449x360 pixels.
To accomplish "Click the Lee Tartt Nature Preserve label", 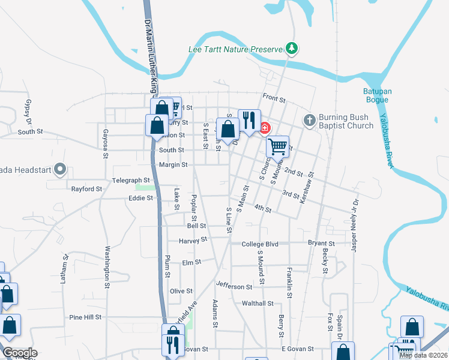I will pyautogui.click(x=235, y=49).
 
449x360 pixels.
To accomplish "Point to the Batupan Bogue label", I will pyautogui.click(x=378, y=96).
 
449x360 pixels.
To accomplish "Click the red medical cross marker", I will pyautogui.click(x=264, y=127).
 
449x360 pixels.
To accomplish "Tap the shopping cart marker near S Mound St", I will pyautogui.click(x=277, y=146).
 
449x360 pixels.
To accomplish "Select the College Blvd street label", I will pyautogui.click(x=260, y=244).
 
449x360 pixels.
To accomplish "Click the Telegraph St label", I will pyautogui.click(x=130, y=180).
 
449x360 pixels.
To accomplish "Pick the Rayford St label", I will pyautogui.click(x=87, y=189).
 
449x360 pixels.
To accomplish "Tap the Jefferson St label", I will pyautogui.click(x=231, y=287).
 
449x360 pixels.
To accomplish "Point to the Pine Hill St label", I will pyautogui.click(x=88, y=317).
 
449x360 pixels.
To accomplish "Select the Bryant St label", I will pyautogui.click(x=321, y=243).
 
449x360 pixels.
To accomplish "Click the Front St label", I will pyautogui.click(x=274, y=97).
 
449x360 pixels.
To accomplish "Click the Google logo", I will pyautogui.click(x=19, y=353).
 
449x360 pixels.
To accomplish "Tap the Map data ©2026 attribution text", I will pyautogui.click(x=423, y=355).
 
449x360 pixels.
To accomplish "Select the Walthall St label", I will pyautogui.click(x=258, y=304).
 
